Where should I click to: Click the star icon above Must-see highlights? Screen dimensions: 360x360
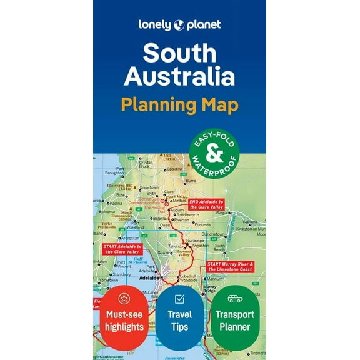coord(124,299)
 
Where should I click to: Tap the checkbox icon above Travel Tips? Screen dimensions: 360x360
coord(179,299)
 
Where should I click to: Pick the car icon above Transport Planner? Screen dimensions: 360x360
coord(235,299)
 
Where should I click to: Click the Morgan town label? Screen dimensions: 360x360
coord(223,212)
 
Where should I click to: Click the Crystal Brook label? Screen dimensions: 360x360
coord(146,164)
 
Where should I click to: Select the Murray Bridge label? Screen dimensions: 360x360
coord(210,289)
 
